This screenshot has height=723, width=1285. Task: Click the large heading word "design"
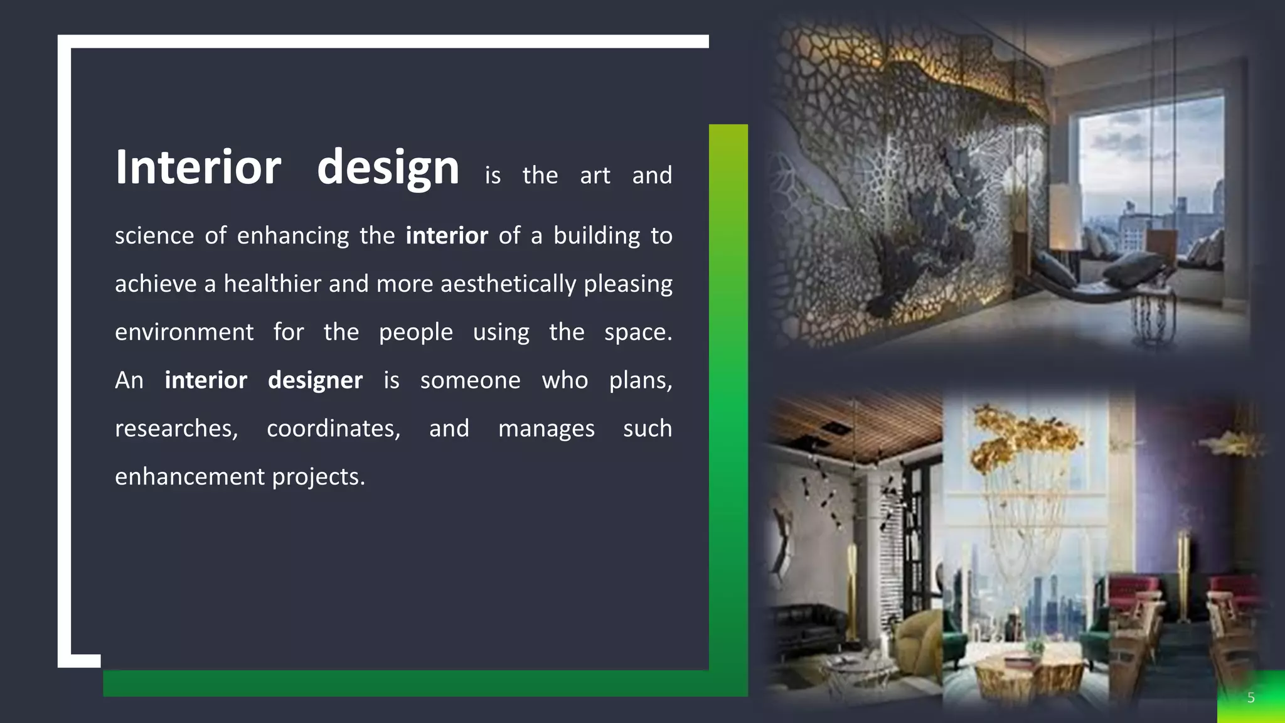click(388, 168)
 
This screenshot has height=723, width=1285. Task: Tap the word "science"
click(154, 236)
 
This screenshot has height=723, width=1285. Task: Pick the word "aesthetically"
click(508, 284)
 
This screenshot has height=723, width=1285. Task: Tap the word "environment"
click(184, 333)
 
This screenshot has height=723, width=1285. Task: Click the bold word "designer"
click(315, 381)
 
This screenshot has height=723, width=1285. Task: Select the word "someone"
click(470, 380)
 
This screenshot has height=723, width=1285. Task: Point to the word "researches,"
click(176, 429)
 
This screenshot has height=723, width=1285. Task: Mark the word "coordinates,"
click(333, 429)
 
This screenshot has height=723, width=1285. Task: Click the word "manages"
click(546, 429)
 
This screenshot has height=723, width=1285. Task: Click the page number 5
click(1250, 698)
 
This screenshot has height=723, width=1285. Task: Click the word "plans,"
click(640, 381)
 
